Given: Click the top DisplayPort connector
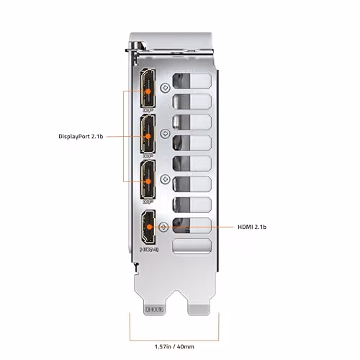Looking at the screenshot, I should pyautogui.click(x=148, y=89).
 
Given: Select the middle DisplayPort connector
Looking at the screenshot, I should pyautogui.click(x=148, y=134).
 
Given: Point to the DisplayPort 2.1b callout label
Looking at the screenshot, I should pyautogui.click(x=85, y=135).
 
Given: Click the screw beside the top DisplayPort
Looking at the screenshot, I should pyautogui.click(x=166, y=88).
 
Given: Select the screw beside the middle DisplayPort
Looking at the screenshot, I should pyautogui.click(x=166, y=132).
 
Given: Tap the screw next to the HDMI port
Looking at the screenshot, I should pyautogui.click(x=166, y=226).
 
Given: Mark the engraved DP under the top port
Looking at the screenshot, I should pyautogui.click(x=148, y=109).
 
